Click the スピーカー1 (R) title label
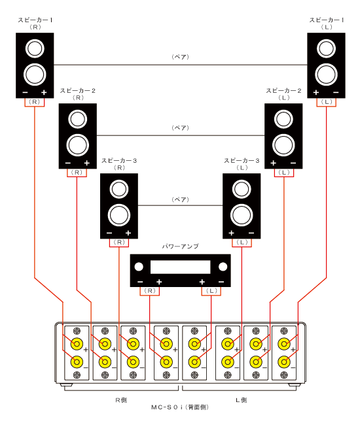35,24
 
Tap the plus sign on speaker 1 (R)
44,93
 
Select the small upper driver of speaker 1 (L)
326,48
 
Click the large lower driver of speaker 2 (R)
78,145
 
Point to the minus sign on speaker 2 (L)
293,163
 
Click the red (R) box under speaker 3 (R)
119,243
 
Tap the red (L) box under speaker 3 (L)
242,243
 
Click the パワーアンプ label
181,246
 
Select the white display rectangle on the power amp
181,267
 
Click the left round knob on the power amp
139,267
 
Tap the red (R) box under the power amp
150,291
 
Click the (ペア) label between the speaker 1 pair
181,57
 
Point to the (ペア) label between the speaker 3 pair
181,199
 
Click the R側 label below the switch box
121,400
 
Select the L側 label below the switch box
241,400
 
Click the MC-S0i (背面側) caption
180,407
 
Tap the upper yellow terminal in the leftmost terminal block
77,344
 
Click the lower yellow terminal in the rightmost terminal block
284,362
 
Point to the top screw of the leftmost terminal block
77,331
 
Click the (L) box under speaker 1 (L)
327,102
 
